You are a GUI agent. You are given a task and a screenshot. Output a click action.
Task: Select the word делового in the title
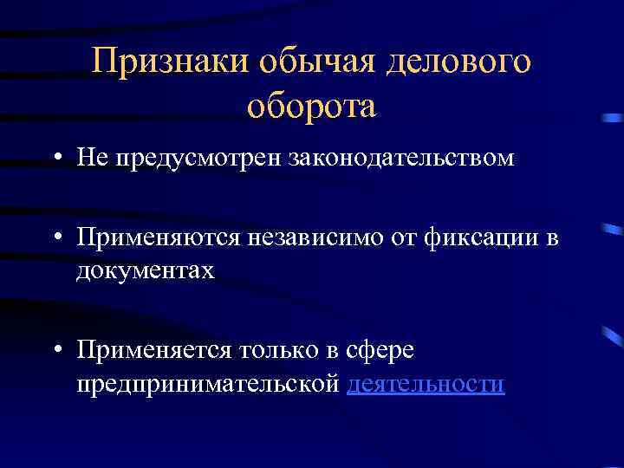point(458,62)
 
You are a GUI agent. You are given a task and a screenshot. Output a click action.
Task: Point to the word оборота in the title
point(311,106)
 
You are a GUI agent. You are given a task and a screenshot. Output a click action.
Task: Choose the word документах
point(144,271)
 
